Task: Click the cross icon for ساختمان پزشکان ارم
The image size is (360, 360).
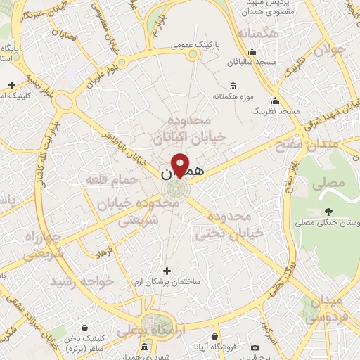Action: [x=167, y=270]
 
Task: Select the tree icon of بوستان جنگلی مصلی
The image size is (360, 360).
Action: [x=328, y=211]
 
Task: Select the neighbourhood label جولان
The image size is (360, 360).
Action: [x=330, y=51]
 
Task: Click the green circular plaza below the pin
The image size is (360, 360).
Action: [x=176, y=188]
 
